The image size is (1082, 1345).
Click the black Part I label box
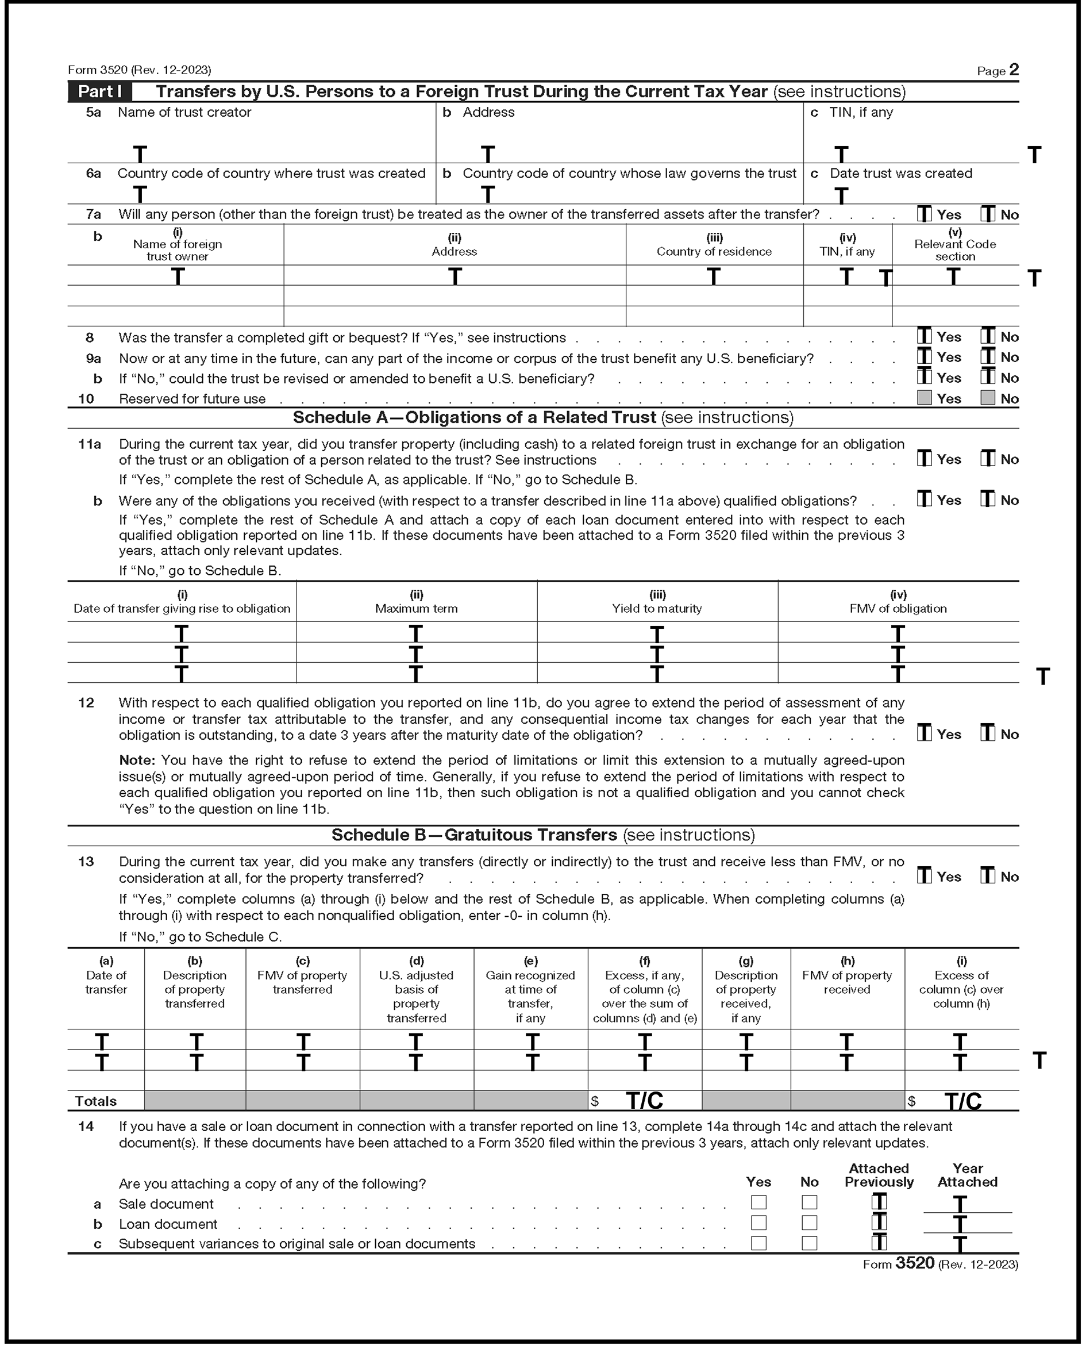(100, 92)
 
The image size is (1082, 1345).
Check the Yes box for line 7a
(924, 214)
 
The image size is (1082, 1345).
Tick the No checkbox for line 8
(987, 336)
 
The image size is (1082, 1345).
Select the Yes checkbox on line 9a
(924, 356)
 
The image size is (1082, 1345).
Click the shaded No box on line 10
(987, 398)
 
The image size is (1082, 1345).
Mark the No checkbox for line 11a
(987, 459)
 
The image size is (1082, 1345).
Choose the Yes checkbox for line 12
(924, 733)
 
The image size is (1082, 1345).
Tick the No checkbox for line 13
(987, 876)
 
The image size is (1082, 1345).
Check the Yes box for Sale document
(758, 1202)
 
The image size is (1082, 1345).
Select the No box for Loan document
(809, 1223)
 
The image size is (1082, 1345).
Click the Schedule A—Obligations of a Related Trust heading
(542, 417)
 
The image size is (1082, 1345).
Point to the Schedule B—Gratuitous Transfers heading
(542, 835)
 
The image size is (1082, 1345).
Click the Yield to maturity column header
(657, 608)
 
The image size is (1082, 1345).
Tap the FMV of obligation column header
(898, 608)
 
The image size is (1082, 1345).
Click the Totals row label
(95, 1101)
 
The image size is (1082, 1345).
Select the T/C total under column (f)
(644, 1101)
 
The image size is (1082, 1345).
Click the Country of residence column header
(714, 251)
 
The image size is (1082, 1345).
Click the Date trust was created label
(900, 174)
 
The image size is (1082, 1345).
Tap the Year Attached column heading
(967, 1175)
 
